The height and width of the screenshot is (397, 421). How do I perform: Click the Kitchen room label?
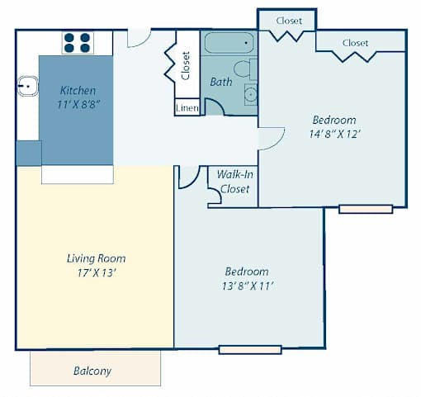tap(78, 91)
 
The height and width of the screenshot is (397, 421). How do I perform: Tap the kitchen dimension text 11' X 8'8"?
tap(78, 105)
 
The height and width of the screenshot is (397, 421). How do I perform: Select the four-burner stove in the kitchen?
tap(78, 43)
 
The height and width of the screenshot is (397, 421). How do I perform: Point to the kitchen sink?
tap(28, 86)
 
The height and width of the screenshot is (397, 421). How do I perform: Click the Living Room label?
tap(97, 258)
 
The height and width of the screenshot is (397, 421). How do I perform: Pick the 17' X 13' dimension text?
tap(97, 273)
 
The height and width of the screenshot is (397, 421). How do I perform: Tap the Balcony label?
tap(92, 371)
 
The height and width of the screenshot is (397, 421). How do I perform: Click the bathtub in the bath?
tap(229, 43)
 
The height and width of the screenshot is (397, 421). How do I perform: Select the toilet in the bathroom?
tap(245, 69)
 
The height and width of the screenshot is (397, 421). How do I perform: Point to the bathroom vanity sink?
tap(251, 95)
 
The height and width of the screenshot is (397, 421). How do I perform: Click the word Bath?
tap(221, 82)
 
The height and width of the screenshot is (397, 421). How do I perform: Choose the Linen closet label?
tap(187, 108)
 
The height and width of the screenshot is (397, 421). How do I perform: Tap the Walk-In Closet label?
tap(235, 182)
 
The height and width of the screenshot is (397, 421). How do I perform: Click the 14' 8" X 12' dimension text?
tap(334, 134)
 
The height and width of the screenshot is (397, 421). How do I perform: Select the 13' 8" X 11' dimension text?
tap(248, 286)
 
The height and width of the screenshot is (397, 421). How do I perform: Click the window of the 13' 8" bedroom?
tap(250, 350)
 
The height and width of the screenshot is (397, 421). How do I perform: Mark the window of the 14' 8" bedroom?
tap(366, 209)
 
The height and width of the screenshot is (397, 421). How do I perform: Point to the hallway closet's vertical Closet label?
tap(186, 66)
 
